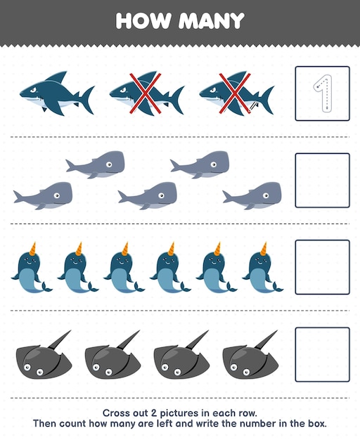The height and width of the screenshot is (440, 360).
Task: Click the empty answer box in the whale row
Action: click(322, 181)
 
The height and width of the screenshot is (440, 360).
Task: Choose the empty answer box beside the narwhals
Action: click(322, 267)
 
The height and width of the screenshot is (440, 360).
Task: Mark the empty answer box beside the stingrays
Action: click(322, 354)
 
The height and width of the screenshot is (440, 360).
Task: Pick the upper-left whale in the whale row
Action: click(96, 164)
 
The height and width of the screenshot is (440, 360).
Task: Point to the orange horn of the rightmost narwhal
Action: click(264, 247)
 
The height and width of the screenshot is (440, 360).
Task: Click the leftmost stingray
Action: click(43, 360)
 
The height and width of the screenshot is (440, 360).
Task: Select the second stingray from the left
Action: click(112, 360)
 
